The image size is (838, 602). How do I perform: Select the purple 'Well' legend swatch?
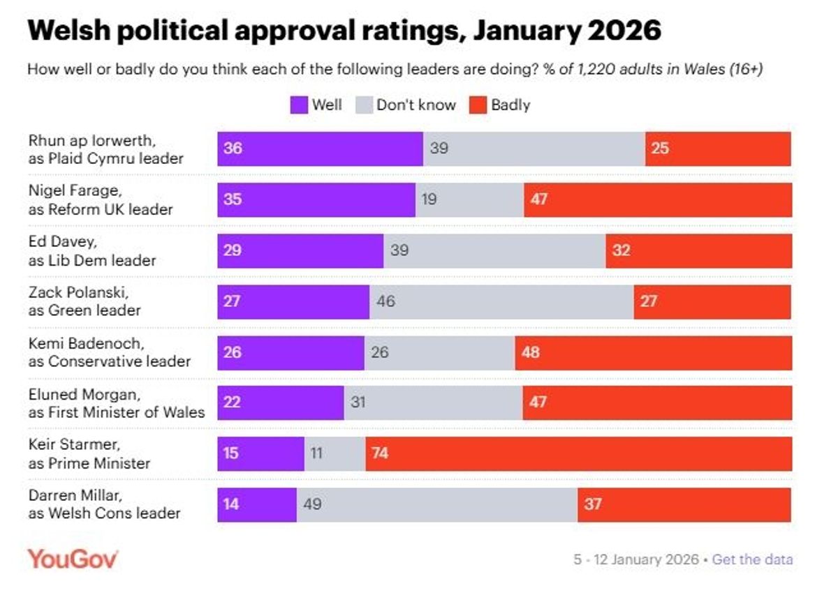(298, 105)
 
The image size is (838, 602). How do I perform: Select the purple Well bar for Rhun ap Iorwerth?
(320, 149)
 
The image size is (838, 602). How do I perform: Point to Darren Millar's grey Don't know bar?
(436, 504)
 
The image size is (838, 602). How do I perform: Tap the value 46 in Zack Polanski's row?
(385, 302)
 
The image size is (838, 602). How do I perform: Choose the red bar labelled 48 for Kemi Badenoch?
(653, 353)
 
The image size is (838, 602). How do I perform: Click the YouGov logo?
(73, 559)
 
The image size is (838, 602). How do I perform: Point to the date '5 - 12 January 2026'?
(636, 559)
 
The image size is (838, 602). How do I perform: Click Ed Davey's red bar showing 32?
(698, 251)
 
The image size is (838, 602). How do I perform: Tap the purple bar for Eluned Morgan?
(280, 403)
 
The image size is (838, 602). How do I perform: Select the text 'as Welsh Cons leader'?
(104, 513)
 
